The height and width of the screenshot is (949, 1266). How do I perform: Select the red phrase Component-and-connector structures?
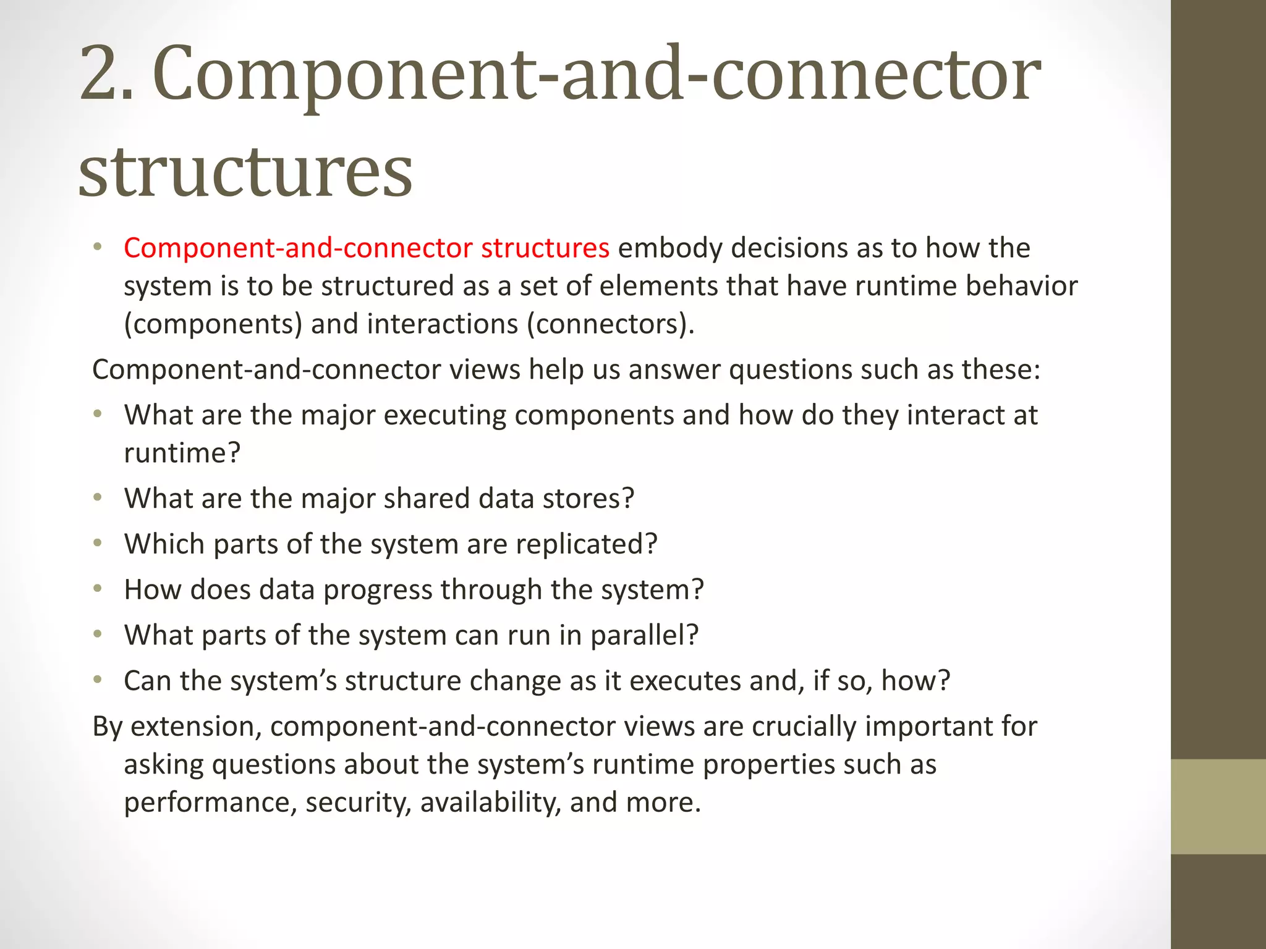click(367, 248)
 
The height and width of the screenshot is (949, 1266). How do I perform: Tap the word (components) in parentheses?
click(213, 324)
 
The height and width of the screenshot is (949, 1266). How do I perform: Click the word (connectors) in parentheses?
click(610, 324)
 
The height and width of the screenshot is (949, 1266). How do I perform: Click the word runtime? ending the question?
click(182, 453)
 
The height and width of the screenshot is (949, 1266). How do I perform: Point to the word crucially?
click(804, 726)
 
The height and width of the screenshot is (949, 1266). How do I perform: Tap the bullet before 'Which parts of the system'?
click(97, 543)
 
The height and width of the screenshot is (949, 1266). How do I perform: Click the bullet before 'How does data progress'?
click(97, 589)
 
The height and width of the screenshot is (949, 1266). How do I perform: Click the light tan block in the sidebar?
click(1218, 806)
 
